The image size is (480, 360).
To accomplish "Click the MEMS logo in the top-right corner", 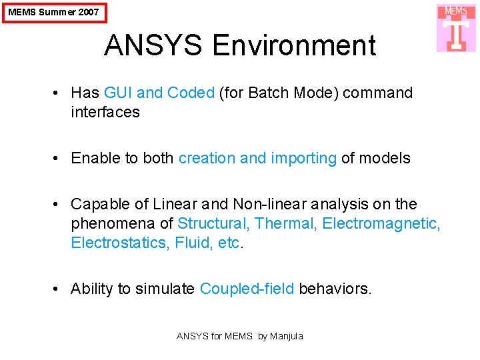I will pos(457,28).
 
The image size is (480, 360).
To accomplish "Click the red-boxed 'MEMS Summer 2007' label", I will pos(53,12).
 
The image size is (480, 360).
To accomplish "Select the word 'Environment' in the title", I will pos(294,46).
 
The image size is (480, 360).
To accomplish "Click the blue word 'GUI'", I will pos(119,93).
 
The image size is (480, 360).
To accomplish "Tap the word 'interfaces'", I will pos(105,112).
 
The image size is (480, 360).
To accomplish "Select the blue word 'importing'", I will pos(303,158).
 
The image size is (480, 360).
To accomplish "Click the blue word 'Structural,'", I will pos(213,223).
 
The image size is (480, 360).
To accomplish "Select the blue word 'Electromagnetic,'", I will pos(381,223).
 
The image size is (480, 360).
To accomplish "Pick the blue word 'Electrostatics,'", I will pos(121,243).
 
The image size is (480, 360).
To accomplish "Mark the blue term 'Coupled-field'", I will pos(247,289).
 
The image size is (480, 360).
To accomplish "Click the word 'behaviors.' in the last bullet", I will pos(335,289).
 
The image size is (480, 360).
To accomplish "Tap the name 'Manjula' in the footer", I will pos(287,336).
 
